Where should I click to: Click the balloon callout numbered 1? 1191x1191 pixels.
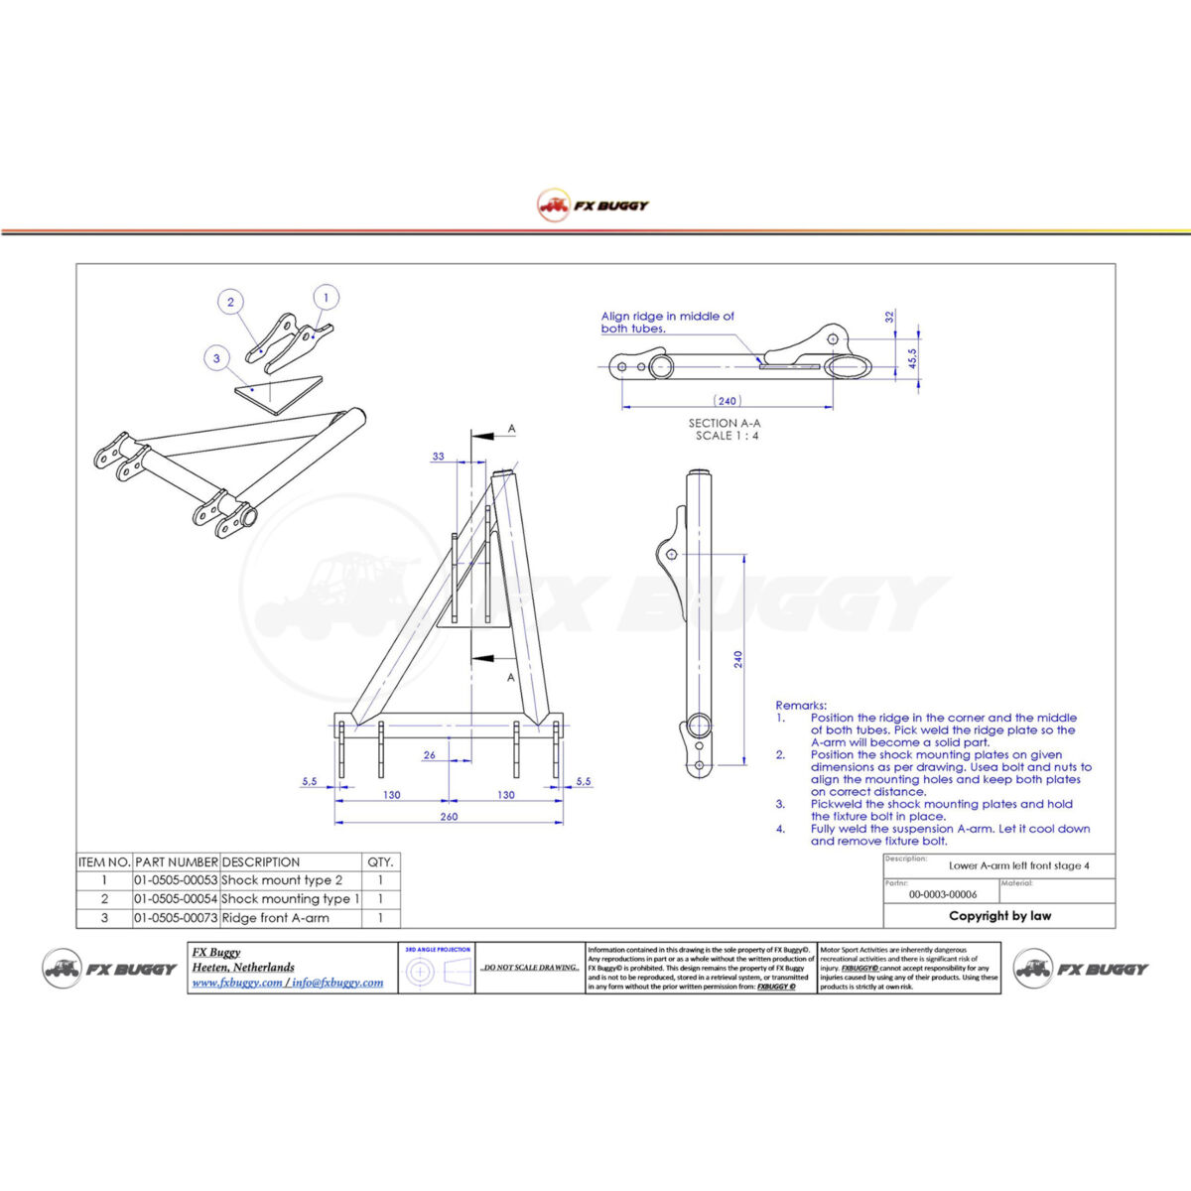coord(326,297)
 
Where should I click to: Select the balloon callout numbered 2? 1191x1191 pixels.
coord(230,303)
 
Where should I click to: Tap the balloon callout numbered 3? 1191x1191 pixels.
coord(216,358)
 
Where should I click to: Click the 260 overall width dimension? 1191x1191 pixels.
coord(449,817)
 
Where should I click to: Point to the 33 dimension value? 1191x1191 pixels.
coord(438,457)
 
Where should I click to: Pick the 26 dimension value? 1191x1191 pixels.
coord(429,755)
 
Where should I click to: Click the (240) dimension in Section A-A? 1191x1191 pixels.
coord(728,401)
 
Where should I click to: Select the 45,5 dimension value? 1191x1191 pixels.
coord(912,358)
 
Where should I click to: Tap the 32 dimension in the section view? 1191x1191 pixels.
coord(890,317)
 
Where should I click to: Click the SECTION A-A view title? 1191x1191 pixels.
coord(726,429)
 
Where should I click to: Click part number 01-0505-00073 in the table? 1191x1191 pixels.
coord(176,918)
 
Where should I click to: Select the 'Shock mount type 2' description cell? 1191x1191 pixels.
coord(282,880)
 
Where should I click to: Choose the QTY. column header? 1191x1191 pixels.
coord(380,862)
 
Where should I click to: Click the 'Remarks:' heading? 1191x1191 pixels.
coord(801,706)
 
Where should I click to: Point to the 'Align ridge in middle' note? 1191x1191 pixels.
coord(667,322)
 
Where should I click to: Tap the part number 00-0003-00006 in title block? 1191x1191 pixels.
coord(942,894)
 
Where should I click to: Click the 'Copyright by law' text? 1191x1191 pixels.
coord(999,916)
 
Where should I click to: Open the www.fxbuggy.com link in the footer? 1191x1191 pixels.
coord(236,983)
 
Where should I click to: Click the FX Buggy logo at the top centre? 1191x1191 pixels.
coord(594,205)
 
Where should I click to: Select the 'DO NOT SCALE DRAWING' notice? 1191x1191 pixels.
coord(530,967)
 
